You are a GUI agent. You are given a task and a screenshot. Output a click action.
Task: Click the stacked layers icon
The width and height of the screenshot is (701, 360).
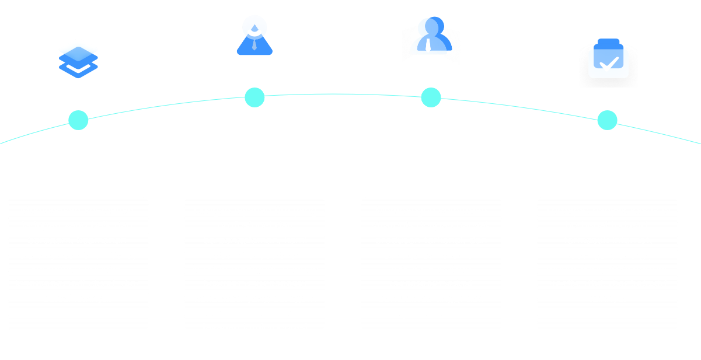coord(78,59)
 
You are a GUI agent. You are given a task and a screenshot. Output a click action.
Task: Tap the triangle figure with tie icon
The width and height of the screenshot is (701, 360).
coord(255,36)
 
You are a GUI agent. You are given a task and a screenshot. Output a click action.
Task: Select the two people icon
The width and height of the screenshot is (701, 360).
coord(431,36)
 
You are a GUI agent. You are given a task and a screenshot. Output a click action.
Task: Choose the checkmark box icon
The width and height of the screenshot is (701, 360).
coord(608,58)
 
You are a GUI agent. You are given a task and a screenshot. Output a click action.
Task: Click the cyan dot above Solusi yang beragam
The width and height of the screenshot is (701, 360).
coord(78,120)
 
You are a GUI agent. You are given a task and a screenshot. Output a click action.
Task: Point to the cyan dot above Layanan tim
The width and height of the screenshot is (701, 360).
coord(254,97)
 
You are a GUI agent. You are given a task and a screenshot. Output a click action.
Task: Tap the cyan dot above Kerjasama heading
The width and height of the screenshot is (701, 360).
coord(431,97)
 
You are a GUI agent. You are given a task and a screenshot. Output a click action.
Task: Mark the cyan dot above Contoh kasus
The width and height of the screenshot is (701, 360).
coord(607,120)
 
